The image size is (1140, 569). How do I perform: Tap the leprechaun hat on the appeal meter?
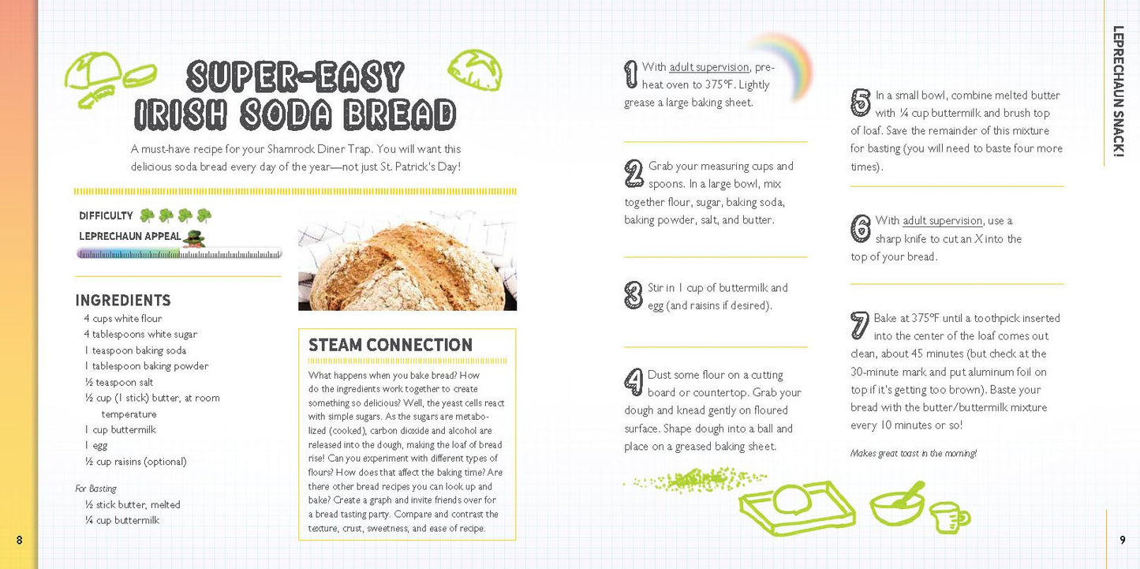[193, 238]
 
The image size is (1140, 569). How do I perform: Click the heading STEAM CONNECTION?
[391, 345]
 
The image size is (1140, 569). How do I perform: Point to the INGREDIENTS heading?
[123, 300]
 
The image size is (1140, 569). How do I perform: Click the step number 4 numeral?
[634, 382]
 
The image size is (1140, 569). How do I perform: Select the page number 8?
[20, 540]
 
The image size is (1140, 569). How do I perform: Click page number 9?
[1122, 540]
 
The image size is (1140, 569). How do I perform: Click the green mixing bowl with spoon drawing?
[897, 503]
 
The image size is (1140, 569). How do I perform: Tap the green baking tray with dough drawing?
[798, 508]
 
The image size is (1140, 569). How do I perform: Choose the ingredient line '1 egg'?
[96, 446]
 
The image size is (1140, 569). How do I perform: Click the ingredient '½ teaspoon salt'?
[119, 382]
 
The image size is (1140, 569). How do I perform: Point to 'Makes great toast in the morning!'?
[914, 453]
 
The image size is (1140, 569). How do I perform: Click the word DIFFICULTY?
[106, 215]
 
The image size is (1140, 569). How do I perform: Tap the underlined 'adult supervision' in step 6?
[942, 221]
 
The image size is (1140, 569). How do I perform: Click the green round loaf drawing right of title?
[475, 70]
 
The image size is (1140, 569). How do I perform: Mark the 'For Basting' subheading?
[95, 489]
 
